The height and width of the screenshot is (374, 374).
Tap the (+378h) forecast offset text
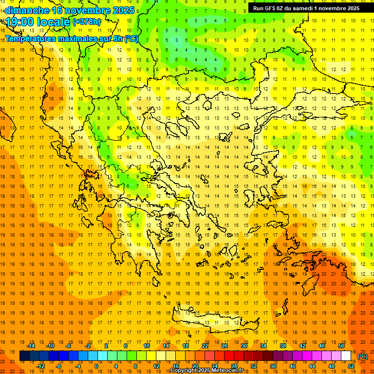point(87,22)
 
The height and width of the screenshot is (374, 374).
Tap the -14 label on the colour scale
point(31,346)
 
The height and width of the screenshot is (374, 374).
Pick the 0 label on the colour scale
point(96,366)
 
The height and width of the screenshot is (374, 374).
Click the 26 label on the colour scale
point(224,346)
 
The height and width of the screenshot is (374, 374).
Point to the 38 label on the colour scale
point(283,346)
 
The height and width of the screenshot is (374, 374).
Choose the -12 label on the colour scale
point(41,366)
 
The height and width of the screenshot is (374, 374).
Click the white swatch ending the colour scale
point(346,356)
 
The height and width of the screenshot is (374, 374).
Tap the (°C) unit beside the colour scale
point(362,356)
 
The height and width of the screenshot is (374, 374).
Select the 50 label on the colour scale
point(341,346)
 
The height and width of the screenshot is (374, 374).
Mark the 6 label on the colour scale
point(125,346)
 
